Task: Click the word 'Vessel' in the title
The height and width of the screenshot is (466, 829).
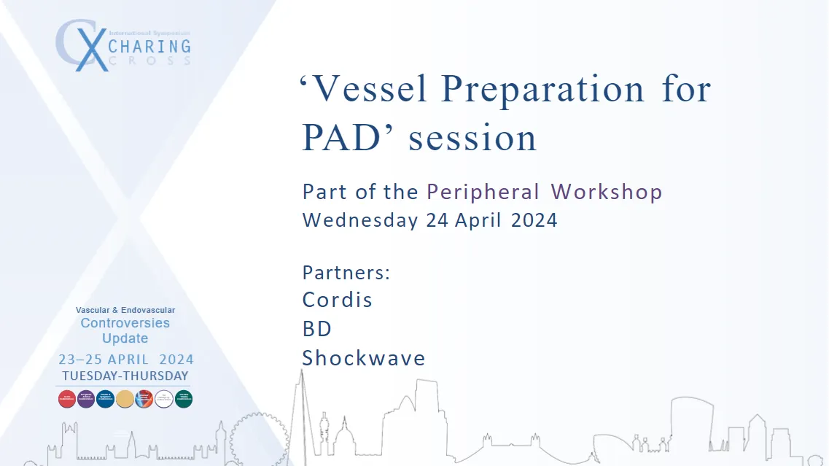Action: point(366,90)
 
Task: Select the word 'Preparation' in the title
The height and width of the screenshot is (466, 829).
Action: point(543,90)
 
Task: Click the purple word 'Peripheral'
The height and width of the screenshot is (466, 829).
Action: point(483,192)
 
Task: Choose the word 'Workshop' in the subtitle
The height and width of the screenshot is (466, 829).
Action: point(606,192)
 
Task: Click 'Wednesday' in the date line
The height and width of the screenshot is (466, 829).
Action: point(361,220)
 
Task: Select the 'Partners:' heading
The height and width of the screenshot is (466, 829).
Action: point(346,273)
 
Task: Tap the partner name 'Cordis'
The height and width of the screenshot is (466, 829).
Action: point(337,300)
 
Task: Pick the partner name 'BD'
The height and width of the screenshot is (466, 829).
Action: point(317,329)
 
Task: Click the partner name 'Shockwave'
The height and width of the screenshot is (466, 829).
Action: point(364,358)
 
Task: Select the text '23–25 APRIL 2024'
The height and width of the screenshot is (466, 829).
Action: point(125,360)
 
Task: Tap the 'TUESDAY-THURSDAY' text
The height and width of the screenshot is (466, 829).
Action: point(125,376)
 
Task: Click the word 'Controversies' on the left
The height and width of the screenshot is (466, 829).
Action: point(125,323)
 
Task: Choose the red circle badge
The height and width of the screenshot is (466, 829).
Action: point(66,399)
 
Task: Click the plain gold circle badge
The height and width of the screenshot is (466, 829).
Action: point(125,399)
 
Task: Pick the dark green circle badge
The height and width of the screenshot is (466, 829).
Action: point(184,399)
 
